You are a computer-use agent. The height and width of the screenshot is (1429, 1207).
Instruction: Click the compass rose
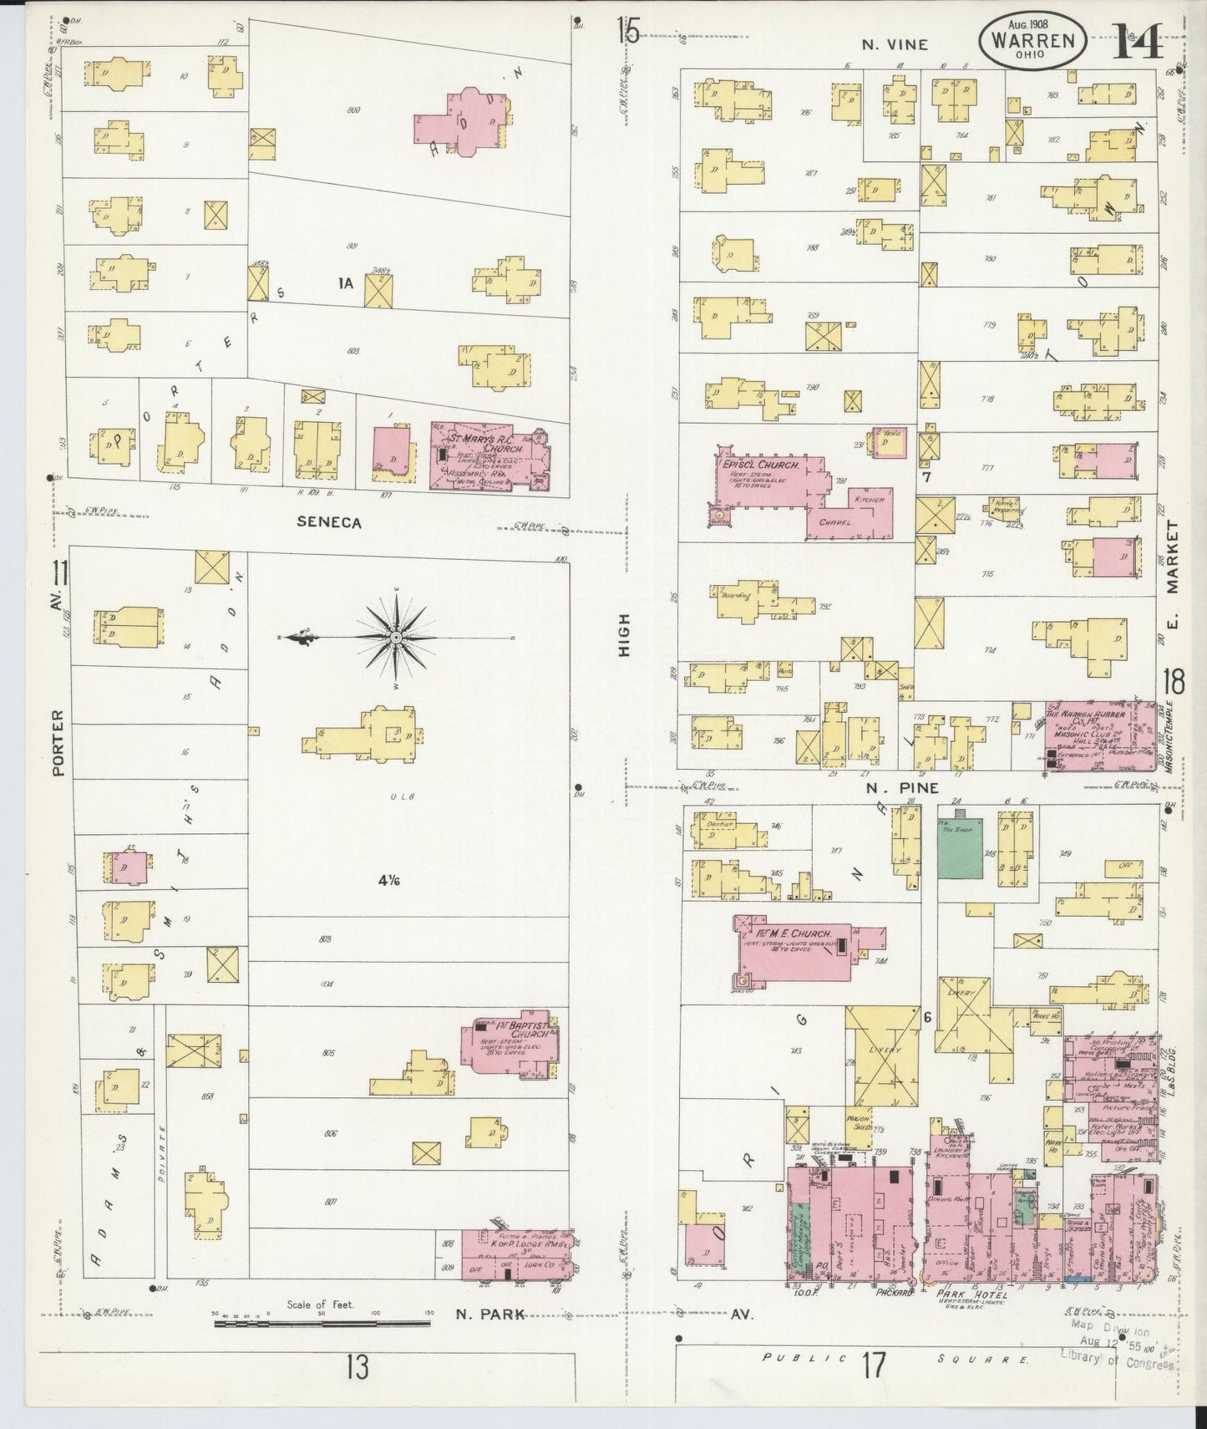(x=396, y=638)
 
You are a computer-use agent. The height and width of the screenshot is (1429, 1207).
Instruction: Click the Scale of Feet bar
(x=322, y=1324)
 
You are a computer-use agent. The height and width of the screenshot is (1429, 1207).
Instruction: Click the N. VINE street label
(x=895, y=44)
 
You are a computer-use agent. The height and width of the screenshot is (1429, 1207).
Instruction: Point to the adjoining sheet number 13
(x=358, y=1368)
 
